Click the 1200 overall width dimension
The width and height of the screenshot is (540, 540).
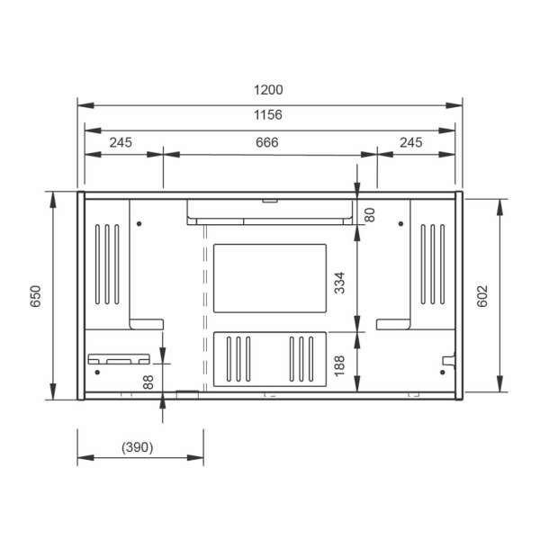(268, 90)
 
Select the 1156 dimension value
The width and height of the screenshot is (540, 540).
(268, 115)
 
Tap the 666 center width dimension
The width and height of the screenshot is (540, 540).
(267, 142)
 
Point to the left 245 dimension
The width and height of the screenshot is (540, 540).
(121, 142)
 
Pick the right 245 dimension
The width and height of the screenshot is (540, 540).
(411, 142)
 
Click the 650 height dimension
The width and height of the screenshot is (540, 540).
(35, 296)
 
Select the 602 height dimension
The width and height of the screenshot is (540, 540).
(482, 296)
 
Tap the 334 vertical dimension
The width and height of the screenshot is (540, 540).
(339, 283)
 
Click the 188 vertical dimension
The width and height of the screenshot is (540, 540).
(339, 365)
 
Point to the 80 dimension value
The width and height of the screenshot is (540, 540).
(370, 215)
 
